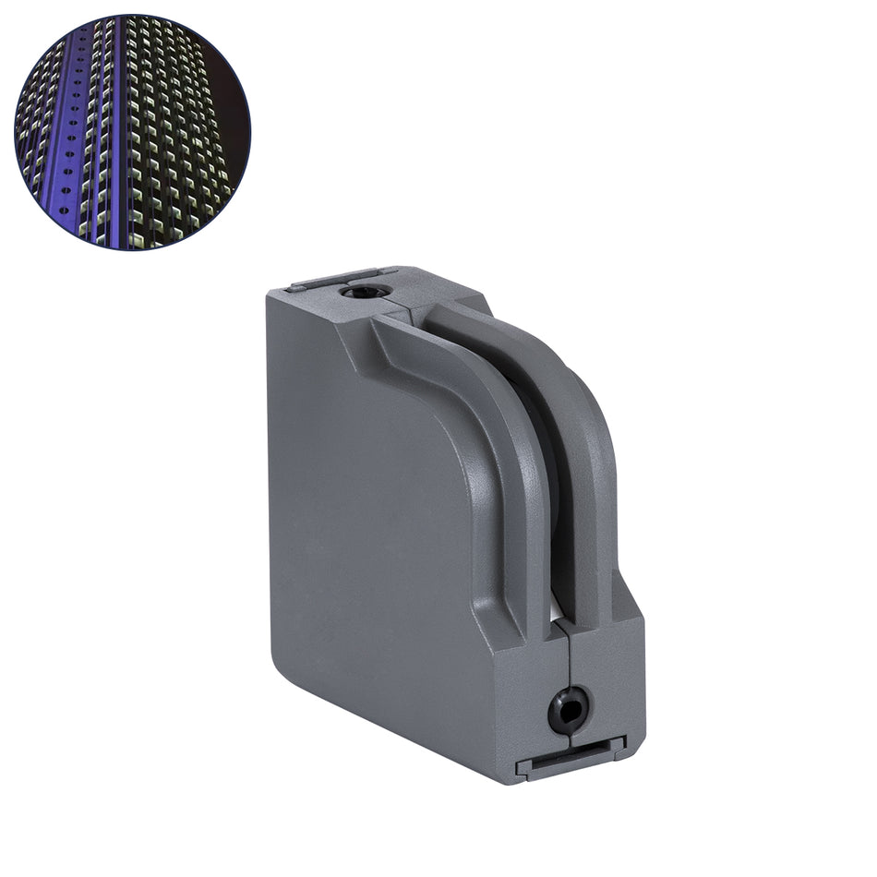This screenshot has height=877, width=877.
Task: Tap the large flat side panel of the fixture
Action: (369, 517)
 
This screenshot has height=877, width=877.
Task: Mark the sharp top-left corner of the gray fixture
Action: (268, 293)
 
